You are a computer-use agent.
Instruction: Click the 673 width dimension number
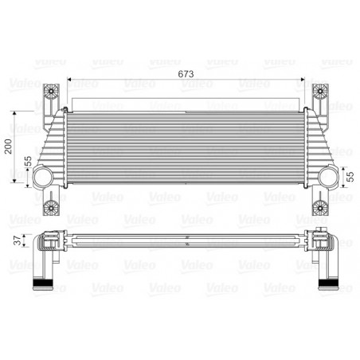[x=186, y=72]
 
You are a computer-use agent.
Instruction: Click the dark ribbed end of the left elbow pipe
[x=41, y=284]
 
